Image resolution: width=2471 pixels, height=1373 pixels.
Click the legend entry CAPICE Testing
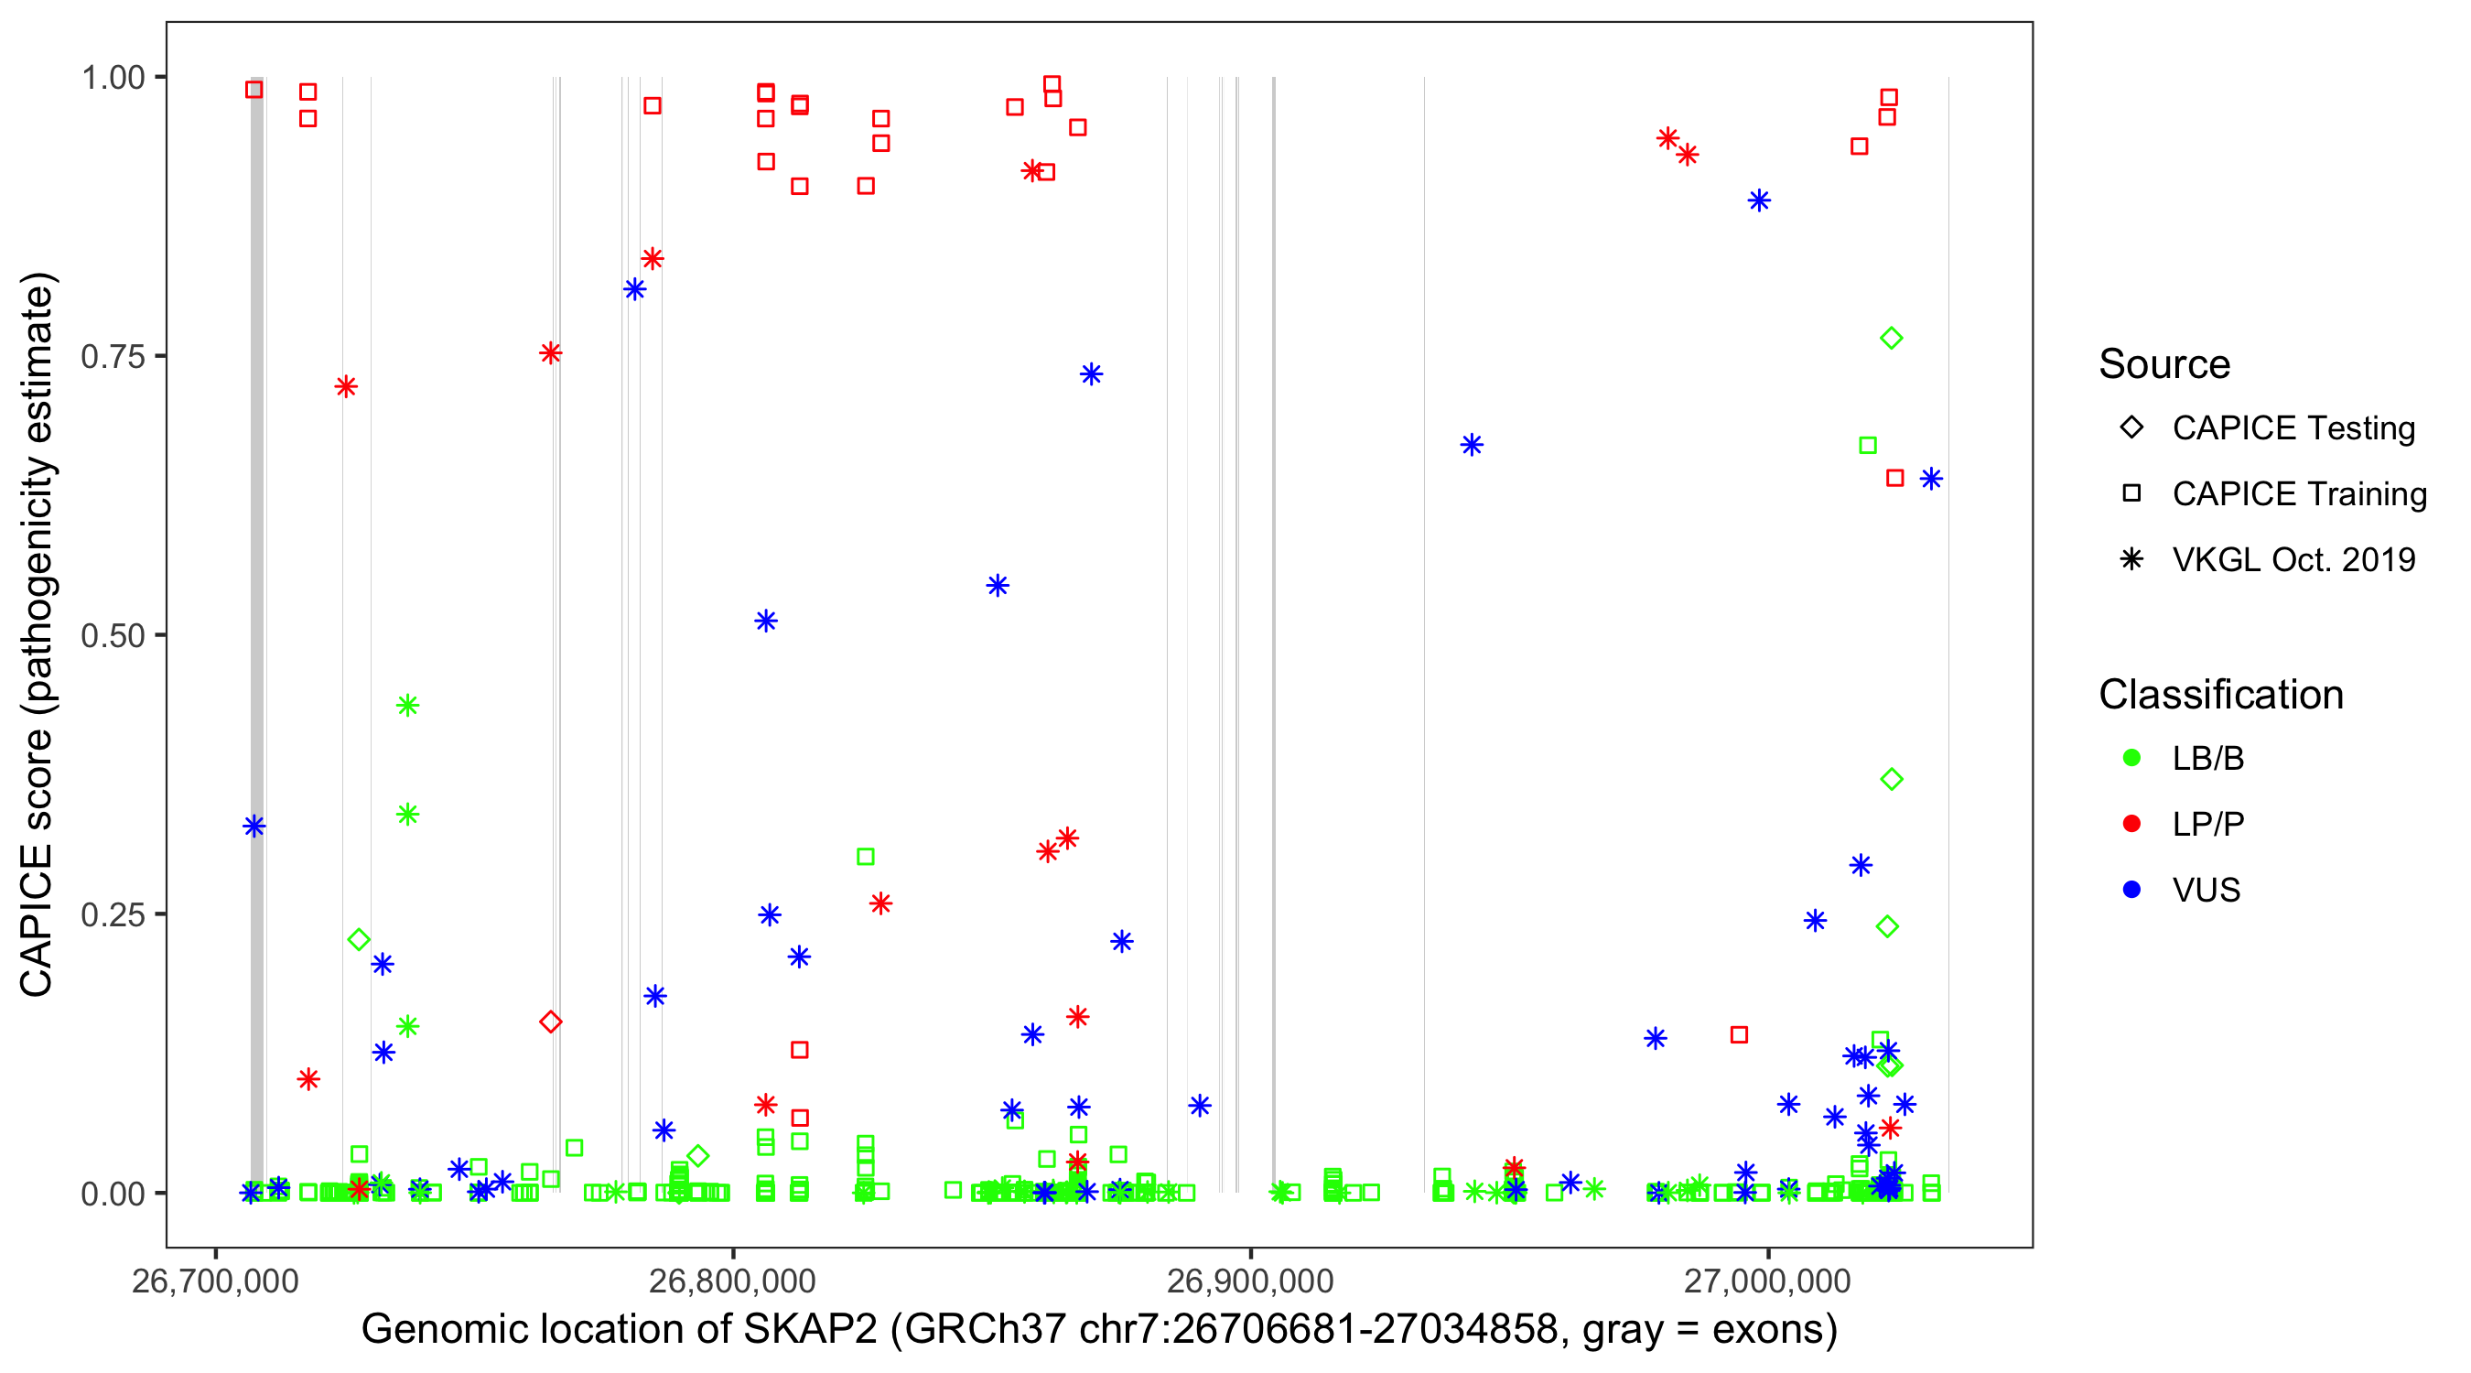point(2293,428)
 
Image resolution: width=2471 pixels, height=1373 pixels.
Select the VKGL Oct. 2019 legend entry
point(2293,559)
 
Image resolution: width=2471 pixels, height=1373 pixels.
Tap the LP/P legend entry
point(2207,824)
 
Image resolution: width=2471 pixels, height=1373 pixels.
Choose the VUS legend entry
point(2206,891)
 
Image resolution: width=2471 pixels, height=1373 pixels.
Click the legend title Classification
point(2220,695)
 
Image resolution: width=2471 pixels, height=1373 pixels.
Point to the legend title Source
point(2164,364)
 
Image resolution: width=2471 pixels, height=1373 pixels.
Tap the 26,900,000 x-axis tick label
point(1250,1281)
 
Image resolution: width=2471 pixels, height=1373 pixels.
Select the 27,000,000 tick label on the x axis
point(1767,1281)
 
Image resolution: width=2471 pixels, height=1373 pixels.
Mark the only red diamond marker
point(551,1022)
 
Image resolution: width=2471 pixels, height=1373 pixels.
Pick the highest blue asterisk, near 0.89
point(1759,200)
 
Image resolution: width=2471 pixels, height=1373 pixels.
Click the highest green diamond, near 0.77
point(1891,338)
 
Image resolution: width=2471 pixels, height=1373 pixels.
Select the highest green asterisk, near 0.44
point(407,705)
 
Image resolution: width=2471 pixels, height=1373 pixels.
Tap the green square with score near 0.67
point(1868,445)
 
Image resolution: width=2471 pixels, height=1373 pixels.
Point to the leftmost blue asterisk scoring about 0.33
point(254,827)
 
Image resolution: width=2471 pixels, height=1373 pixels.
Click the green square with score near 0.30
point(865,857)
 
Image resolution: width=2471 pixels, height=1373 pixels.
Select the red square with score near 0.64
point(1894,478)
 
